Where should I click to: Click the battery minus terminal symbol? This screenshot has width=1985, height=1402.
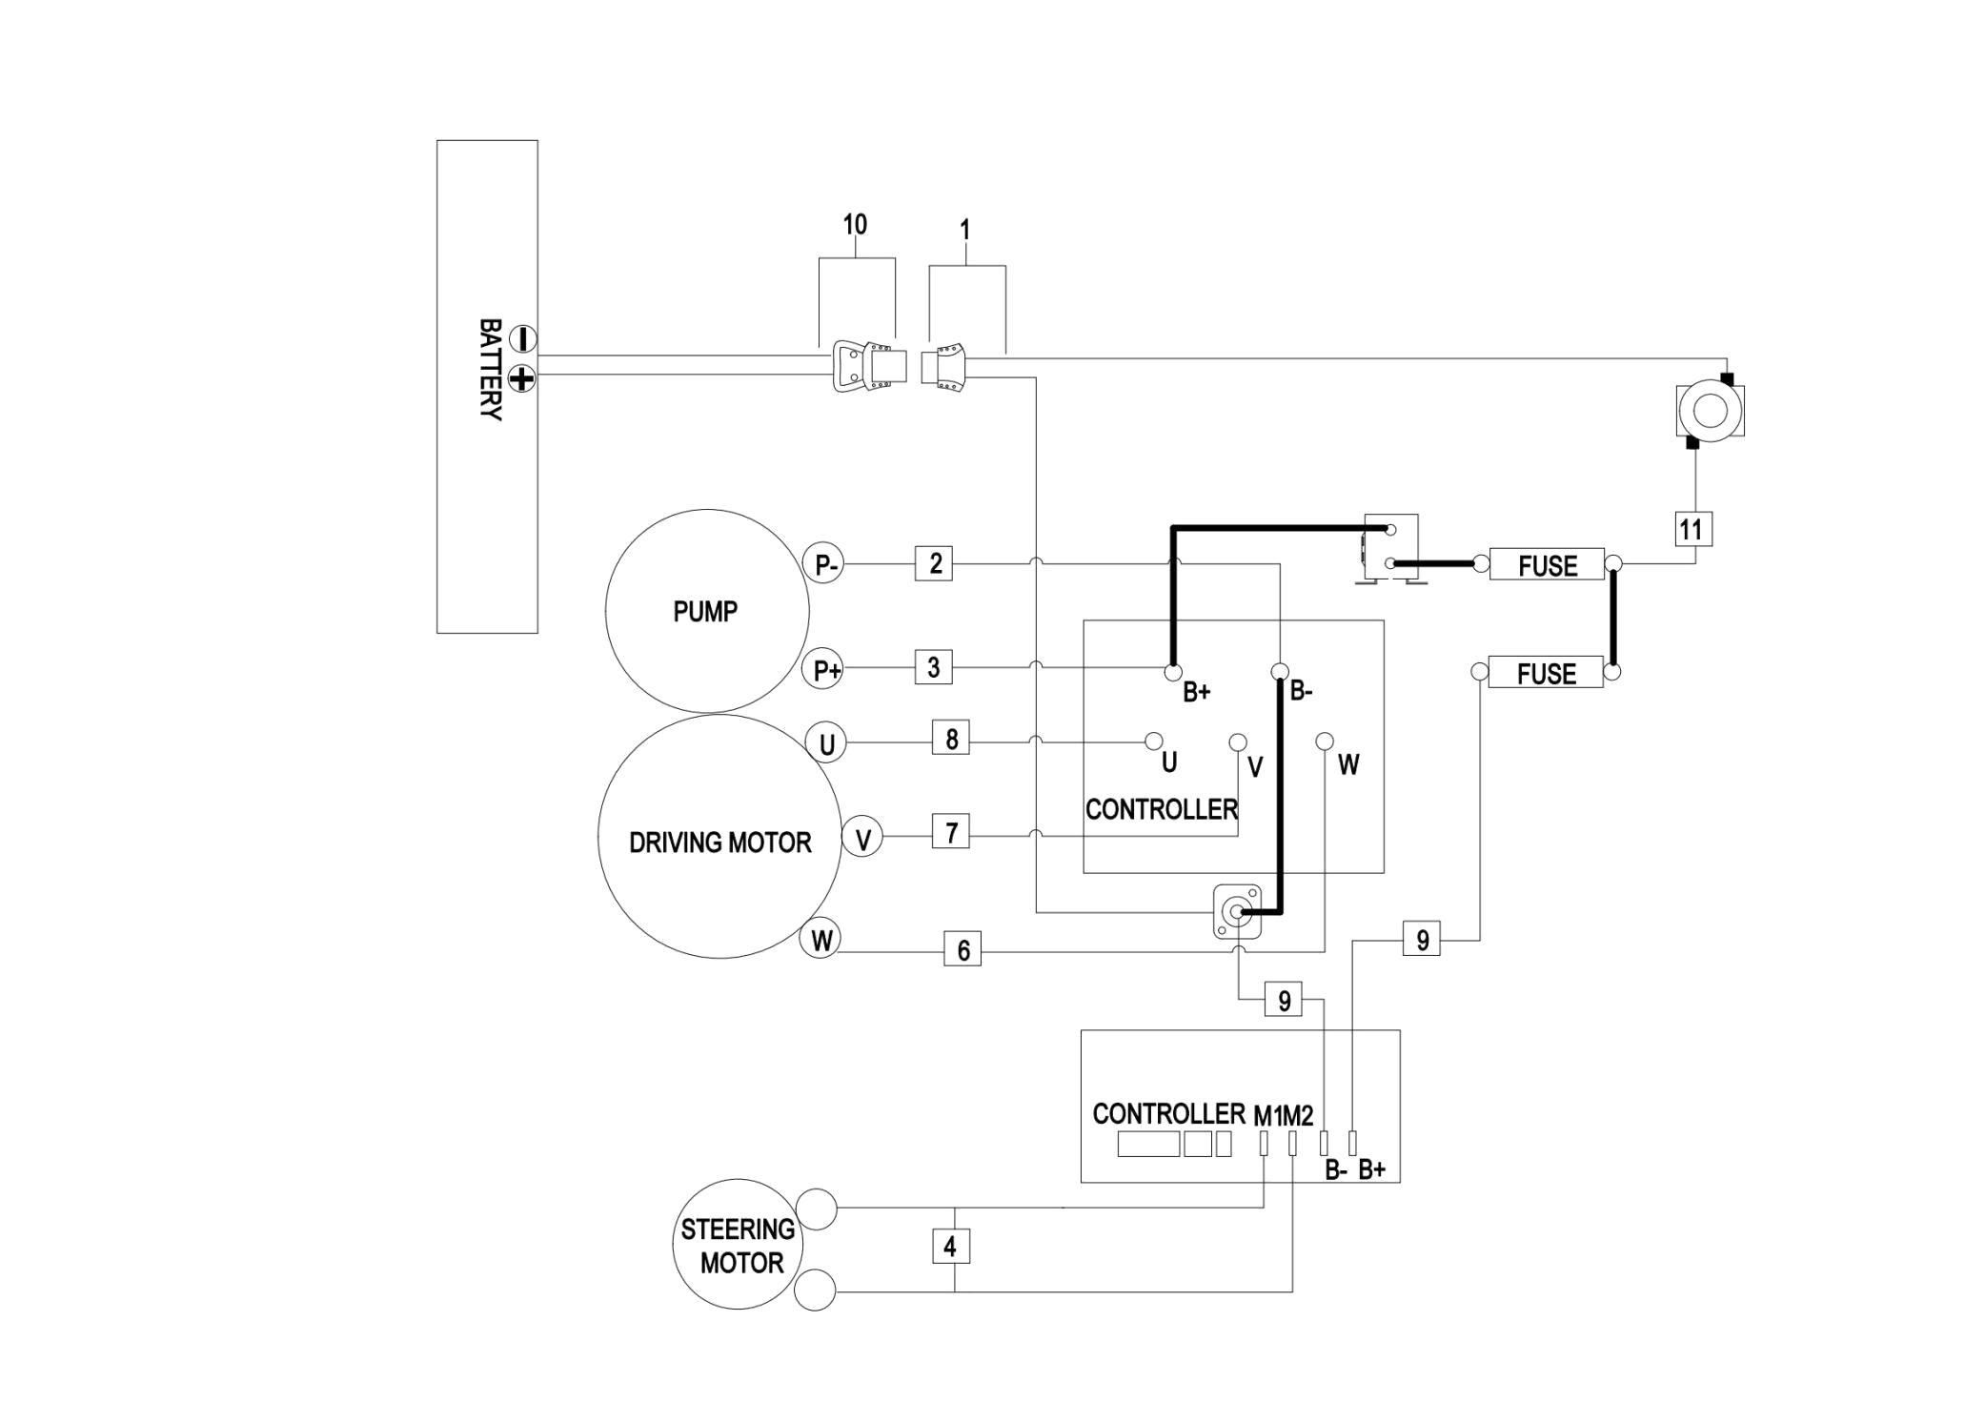coord(523,339)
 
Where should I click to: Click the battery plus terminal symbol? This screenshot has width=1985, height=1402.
coord(522,378)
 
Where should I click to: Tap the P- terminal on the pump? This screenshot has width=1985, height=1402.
coord(824,564)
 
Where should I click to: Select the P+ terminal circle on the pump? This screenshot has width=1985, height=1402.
coord(825,669)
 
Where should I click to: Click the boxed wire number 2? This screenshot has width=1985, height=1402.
coord(934,563)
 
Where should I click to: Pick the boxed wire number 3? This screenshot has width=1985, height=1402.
coord(934,667)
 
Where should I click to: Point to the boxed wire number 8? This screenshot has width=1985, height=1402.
coord(951,738)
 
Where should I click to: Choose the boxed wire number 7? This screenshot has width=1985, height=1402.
coord(951,832)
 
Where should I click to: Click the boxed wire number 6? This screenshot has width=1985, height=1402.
coord(963,949)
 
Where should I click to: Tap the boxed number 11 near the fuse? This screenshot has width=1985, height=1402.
coord(1693,529)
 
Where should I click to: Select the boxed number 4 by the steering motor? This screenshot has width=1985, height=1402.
coord(950,1247)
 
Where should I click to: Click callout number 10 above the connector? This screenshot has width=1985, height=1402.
coord(855,225)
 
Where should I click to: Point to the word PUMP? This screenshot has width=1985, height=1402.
coord(705,612)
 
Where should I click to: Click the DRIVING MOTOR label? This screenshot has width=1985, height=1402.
coord(720,843)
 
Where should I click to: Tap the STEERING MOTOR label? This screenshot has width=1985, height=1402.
coord(739,1247)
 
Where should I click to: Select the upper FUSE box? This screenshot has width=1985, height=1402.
coord(1547,565)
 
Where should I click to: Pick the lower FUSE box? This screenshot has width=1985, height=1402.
coord(1546,673)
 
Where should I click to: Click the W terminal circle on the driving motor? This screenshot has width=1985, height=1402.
coord(820,940)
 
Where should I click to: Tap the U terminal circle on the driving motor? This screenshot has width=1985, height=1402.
coord(826,743)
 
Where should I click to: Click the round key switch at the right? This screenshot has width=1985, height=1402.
coord(1711,411)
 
